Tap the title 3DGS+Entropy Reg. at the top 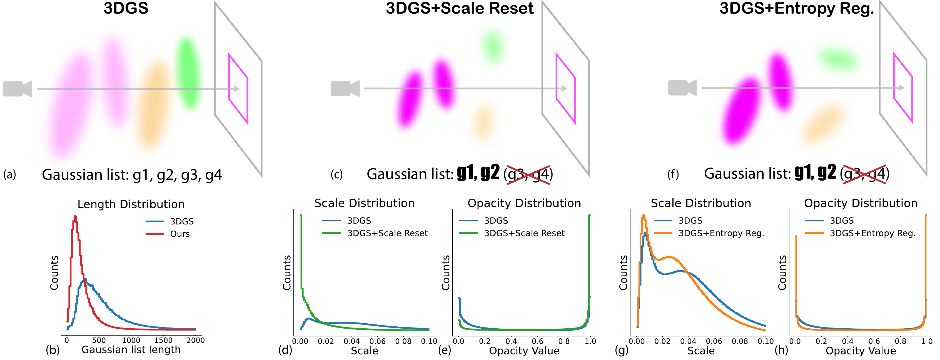tap(797, 8)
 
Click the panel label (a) tap(10, 174)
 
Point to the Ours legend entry tap(179, 234)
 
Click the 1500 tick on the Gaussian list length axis tap(163, 340)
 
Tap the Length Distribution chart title tap(131, 204)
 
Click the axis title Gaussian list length tap(131, 350)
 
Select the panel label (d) tap(285, 350)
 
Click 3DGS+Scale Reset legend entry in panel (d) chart tap(387, 233)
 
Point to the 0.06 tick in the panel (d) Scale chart tap(377, 341)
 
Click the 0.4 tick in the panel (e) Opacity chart tap(511, 341)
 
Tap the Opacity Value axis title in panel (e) tap(524, 351)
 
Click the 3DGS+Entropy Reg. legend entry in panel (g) tap(721, 233)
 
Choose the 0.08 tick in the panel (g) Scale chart tap(740, 341)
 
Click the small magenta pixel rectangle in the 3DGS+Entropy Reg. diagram tap(903, 87)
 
